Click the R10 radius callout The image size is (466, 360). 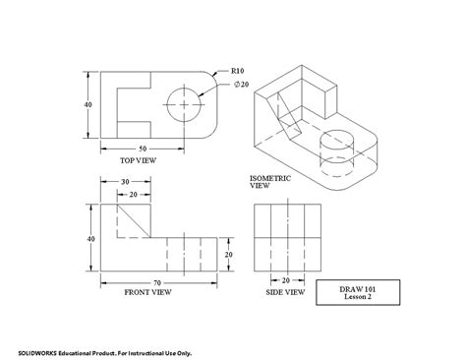point(237,71)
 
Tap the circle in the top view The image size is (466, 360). point(185,102)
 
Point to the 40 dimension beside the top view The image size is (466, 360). point(89,104)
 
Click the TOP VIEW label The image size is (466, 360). point(139,159)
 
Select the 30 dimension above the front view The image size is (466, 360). point(125,180)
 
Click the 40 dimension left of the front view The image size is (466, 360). point(90,239)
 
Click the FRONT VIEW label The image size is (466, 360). point(148,292)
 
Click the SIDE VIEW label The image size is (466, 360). point(285,293)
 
